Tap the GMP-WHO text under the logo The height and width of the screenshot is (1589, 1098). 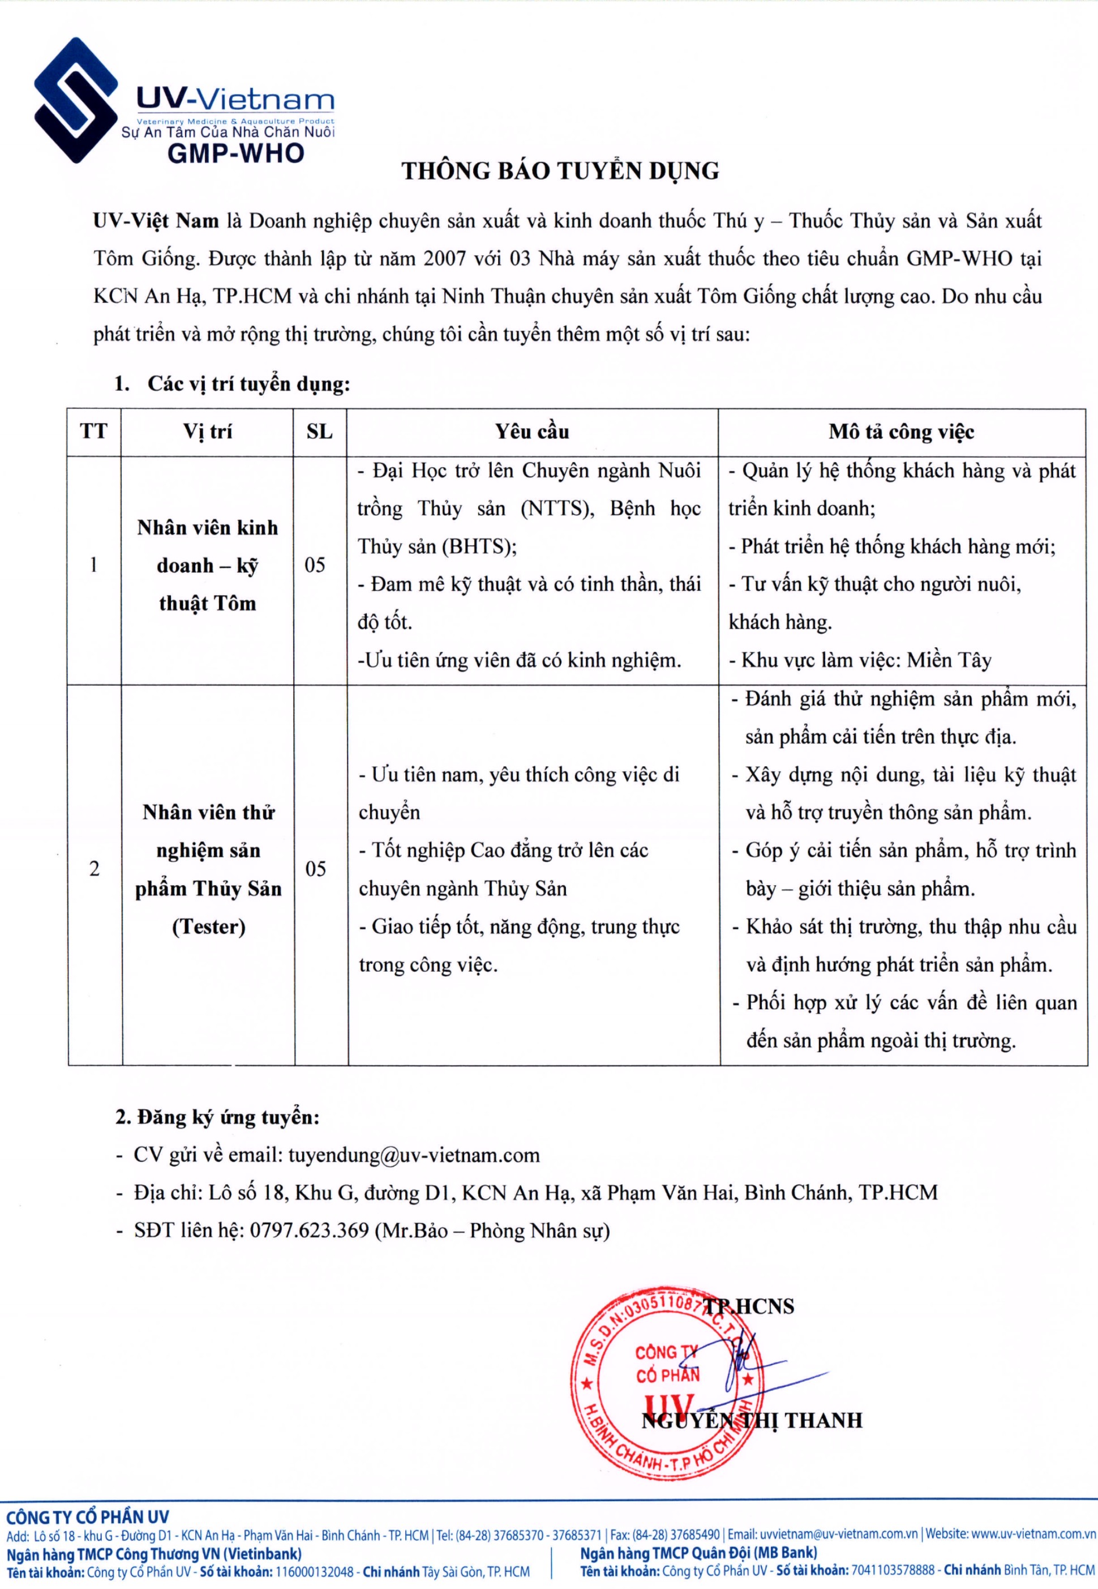click(x=235, y=153)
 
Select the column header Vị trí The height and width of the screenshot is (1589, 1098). click(x=207, y=432)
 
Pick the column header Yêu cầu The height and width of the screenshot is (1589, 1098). click(x=532, y=432)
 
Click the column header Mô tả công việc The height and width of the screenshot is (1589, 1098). click(x=901, y=432)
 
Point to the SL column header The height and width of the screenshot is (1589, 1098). click(x=319, y=432)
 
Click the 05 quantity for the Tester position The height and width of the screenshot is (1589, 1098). click(x=315, y=869)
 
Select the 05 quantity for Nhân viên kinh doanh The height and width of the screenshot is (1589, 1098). click(x=315, y=565)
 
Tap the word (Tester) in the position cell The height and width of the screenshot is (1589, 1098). click(x=208, y=927)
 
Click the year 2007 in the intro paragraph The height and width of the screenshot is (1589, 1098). click(x=444, y=259)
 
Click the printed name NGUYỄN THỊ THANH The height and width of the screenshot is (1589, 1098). click(x=751, y=1420)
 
